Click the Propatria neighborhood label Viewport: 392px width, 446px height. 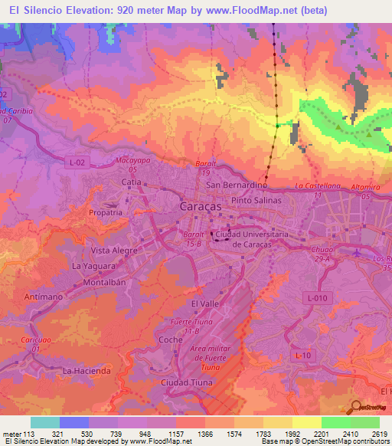point(105,212)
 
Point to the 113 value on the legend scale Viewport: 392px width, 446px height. point(30,432)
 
